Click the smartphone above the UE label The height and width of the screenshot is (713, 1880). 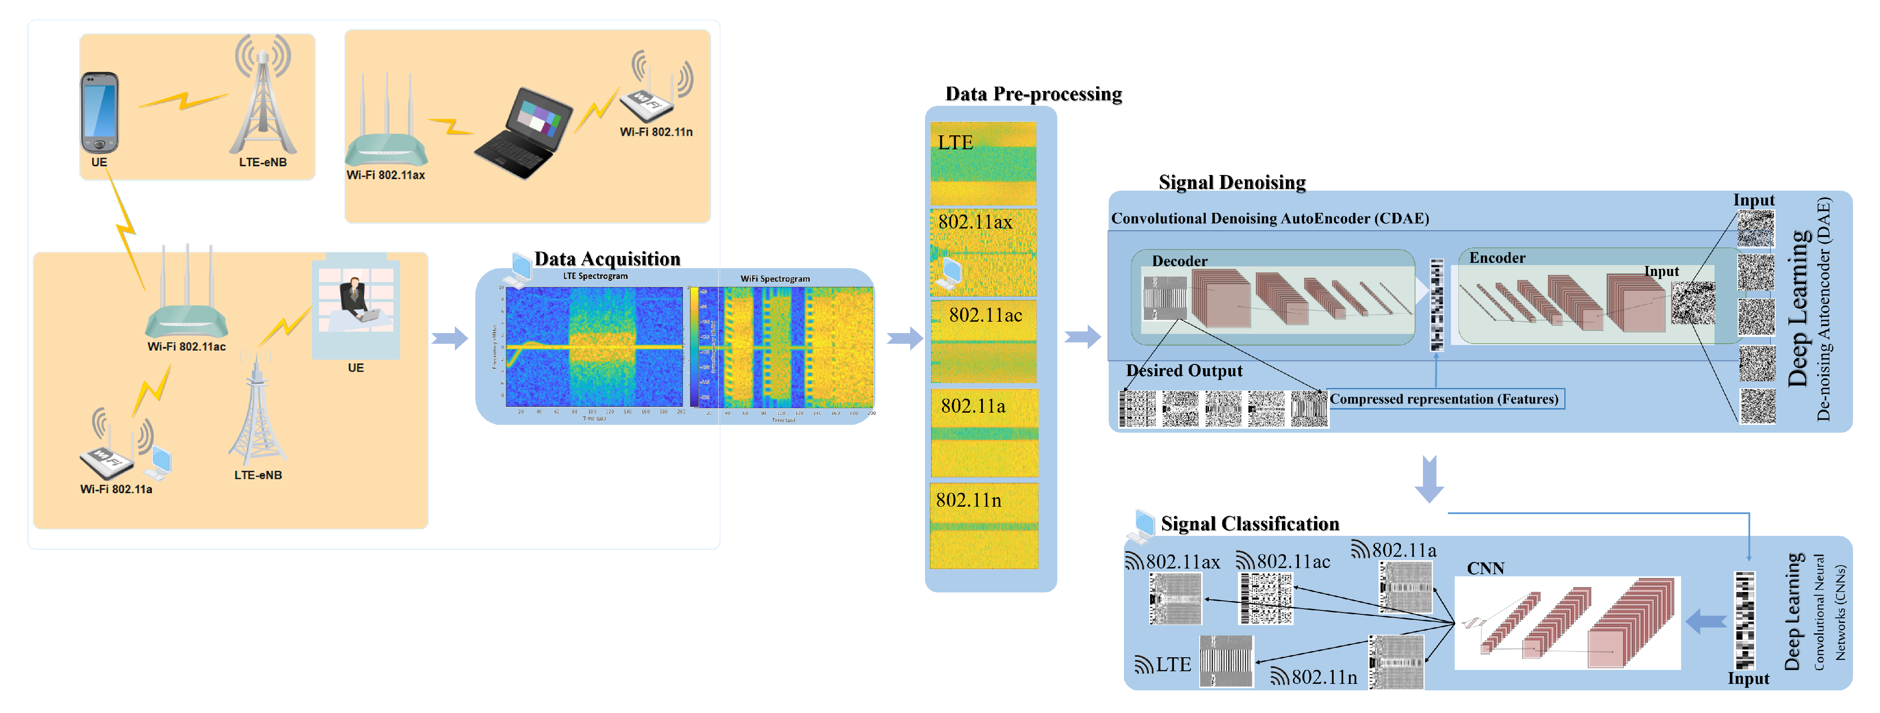point(99,112)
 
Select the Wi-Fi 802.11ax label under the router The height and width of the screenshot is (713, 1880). point(385,175)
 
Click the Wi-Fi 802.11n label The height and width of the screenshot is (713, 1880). point(656,132)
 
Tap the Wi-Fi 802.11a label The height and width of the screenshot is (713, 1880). point(116,489)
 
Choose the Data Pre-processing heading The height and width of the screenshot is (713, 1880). point(1033,94)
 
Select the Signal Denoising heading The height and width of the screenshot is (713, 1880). point(1232,182)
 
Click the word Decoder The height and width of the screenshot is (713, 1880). point(1179,261)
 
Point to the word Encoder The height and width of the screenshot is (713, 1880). point(1497,258)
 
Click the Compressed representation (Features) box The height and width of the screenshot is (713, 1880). point(1444,399)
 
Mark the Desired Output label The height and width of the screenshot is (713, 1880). point(1184,371)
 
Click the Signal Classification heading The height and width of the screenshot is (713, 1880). point(1249,524)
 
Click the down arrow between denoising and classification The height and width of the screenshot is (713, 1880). point(1429,480)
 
